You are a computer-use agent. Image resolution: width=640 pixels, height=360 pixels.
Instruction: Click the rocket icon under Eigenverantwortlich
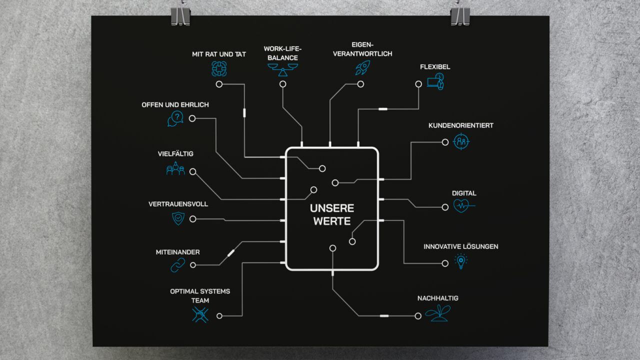coord(362,68)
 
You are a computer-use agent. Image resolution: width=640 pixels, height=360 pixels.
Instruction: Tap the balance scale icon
coord(283,69)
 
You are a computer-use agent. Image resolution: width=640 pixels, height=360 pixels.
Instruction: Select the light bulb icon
coord(461,261)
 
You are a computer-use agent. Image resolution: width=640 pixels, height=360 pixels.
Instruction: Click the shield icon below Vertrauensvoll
coord(178,218)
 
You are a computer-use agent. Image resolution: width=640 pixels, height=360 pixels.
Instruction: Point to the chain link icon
coord(177,265)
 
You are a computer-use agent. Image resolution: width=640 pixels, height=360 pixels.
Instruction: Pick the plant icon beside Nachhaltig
coord(437,313)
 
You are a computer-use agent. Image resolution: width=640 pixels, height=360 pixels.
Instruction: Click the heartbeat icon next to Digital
coord(463,206)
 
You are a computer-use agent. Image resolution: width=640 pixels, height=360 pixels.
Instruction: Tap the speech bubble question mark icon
coord(175,118)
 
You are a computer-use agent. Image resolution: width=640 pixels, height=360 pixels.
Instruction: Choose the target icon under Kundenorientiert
coord(461,141)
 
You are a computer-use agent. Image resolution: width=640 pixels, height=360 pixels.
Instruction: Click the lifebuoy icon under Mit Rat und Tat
coord(219,68)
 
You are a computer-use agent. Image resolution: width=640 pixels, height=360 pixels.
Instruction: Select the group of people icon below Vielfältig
coord(175,169)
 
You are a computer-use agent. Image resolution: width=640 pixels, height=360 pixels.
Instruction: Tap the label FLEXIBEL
coord(435,67)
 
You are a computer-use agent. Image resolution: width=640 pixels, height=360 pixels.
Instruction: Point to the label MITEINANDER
coord(177,252)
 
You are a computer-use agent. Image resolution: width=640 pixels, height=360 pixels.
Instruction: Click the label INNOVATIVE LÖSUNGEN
coord(460,246)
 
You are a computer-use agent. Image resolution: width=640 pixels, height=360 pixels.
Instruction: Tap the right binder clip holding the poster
coord(459,15)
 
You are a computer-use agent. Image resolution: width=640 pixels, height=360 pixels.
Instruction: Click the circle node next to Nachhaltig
coord(418,316)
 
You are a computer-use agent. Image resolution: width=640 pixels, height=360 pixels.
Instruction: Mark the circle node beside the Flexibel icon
coord(418,84)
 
